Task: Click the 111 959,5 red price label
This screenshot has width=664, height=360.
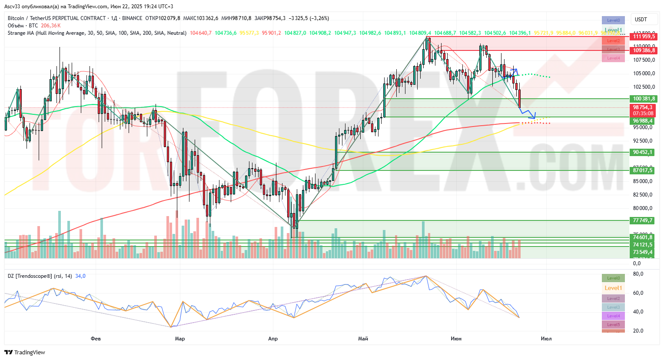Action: tap(644, 37)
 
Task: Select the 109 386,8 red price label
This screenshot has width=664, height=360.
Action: tap(644, 50)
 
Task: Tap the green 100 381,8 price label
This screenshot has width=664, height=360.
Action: tap(644, 99)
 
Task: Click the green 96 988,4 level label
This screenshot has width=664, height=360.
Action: tap(643, 121)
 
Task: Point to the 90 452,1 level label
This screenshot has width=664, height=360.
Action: tap(643, 152)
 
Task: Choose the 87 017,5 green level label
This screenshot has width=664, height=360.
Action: tap(643, 170)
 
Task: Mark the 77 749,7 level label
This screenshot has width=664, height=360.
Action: tap(643, 220)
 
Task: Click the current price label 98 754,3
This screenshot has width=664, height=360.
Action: tap(642, 107)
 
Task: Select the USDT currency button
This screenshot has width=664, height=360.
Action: tap(641, 20)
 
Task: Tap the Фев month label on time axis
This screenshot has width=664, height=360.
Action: tap(96, 339)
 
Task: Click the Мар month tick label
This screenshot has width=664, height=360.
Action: tap(179, 339)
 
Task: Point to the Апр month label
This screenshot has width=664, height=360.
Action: tap(273, 339)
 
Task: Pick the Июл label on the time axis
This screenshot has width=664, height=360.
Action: tap(546, 339)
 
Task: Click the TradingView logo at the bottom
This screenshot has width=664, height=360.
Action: tap(25, 352)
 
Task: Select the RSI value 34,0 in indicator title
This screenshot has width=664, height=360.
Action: tap(80, 276)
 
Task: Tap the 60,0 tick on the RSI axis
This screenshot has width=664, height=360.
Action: tap(638, 293)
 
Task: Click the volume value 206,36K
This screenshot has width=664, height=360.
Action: tap(51, 26)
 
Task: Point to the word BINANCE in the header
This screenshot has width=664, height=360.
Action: tap(132, 18)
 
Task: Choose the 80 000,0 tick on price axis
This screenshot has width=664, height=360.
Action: tap(642, 208)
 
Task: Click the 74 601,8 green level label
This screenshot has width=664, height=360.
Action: tap(643, 237)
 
